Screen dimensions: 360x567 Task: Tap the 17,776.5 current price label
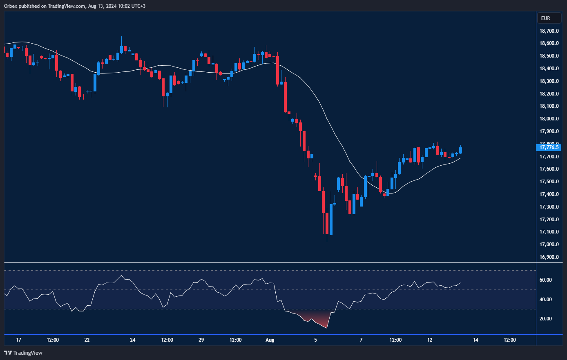click(549, 147)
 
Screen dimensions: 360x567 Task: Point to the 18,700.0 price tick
click(549, 31)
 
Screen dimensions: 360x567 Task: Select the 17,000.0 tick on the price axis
click(549, 244)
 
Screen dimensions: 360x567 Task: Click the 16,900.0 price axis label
click(549, 257)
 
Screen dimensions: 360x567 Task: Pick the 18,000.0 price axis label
click(549, 119)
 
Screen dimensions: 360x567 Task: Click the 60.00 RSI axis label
click(546, 280)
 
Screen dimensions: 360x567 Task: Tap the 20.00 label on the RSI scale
click(546, 319)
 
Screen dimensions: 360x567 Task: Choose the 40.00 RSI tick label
click(546, 300)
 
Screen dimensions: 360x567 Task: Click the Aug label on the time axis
click(270, 340)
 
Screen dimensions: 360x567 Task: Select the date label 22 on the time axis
click(87, 340)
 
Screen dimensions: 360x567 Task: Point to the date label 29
click(201, 340)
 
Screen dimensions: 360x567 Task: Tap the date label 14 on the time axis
click(475, 340)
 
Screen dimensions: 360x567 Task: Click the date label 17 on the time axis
click(18, 340)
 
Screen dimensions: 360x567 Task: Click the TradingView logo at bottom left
click(23, 353)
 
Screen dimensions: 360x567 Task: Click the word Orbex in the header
click(11, 6)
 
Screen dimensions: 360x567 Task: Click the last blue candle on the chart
click(460, 150)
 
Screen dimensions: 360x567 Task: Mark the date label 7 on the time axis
click(361, 340)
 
